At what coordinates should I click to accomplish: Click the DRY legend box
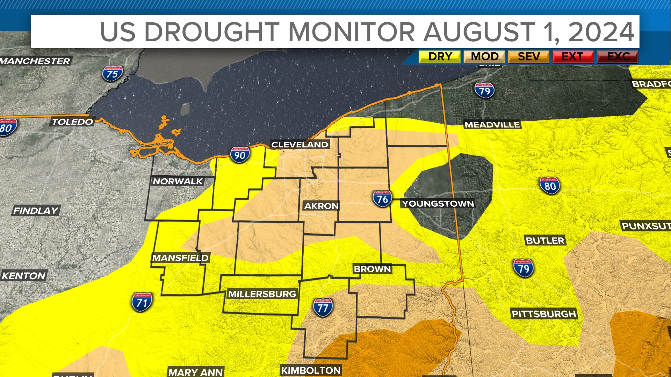click(x=440, y=57)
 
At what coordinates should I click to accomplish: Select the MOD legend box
click(x=484, y=57)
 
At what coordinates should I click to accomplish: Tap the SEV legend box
click(x=529, y=57)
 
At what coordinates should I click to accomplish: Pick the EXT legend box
click(x=573, y=57)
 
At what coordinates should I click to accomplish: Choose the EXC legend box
click(x=618, y=57)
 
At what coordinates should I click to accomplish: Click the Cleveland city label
click(x=300, y=145)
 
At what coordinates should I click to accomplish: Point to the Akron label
click(x=321, y=206)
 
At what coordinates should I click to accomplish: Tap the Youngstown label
click(x=438, y=204)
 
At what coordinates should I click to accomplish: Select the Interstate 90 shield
click(x=240, y=155)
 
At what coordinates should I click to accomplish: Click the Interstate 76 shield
click(x=382, y=199)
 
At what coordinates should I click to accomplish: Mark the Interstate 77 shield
click(x=323, y=307)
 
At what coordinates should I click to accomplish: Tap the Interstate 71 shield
click(x=142, y=302)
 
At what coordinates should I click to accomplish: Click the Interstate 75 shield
click(x=112, y=74)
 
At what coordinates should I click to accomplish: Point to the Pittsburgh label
click(x=544, y=314)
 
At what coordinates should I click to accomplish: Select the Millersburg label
click(x=262, y=294)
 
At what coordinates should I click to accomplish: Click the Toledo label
click(x=72, y=122)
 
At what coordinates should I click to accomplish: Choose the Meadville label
click(x=492, y=125)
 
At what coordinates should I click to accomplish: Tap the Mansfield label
click(x=180, y=258)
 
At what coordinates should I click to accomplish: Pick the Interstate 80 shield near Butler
click(x=550, y=186)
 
